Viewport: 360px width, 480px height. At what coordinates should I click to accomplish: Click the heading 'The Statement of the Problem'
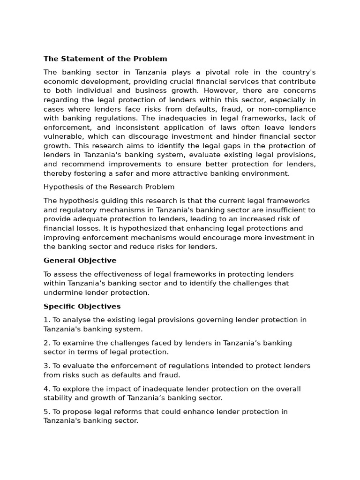click(105, 59)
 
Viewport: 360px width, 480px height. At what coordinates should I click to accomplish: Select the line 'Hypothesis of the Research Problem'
click(109, 187)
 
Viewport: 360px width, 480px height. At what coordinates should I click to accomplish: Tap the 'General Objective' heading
click(80, 261)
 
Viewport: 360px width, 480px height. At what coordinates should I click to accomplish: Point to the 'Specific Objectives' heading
click(82, 307)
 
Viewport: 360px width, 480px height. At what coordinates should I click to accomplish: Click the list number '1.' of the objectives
click(46, 320)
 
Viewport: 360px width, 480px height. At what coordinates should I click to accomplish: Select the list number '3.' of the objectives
click(46, 366)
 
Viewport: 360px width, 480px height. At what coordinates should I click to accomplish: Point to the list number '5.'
click(46, 412)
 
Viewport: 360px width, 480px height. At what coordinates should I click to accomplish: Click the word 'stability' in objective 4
click(58, 398)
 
